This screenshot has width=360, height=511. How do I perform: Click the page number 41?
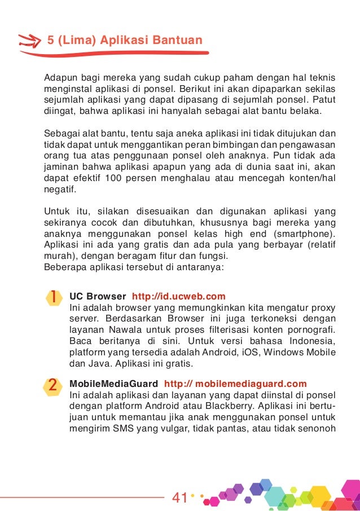coord(179,498)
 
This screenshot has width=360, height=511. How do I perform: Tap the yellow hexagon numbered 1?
coord(52,298)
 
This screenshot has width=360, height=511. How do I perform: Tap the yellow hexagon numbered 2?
coord(52,386)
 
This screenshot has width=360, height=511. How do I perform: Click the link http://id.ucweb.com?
coord(178,297)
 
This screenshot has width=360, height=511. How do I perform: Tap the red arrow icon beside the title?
coord(29,40)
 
